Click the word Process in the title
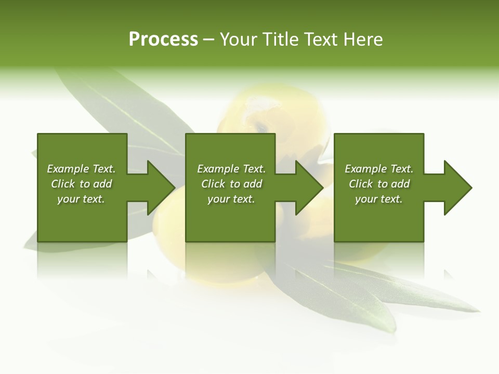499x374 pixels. [x=163, y=39]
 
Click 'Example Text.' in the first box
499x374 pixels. [x=81, y=169]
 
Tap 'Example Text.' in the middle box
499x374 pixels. [x=231, y=169]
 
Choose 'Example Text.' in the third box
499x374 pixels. [x=379, y=169]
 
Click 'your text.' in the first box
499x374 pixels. [x=81, y=199]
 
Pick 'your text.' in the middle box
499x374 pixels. [x=231, y=199]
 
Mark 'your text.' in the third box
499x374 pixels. [x=379, y=199]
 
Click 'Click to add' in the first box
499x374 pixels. [x=81, y=184]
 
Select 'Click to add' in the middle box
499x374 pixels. [x=231, y=184]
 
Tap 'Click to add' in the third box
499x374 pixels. [x=379, y=184]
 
